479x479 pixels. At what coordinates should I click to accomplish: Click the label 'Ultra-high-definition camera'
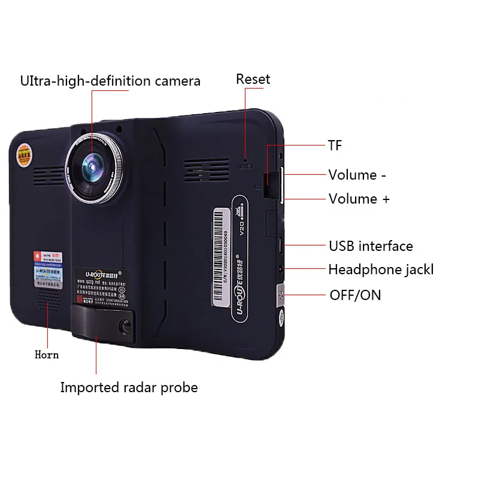(x=110, y=81)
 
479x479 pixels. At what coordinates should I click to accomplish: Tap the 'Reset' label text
(x=253, y=79)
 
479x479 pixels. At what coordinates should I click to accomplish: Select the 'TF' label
(x=335, y=145)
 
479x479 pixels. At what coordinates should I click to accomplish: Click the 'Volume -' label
(x=357, y=175)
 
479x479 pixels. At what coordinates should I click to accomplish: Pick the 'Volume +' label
(x=359, y=199)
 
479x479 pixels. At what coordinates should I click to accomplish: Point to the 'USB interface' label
(x=371, y=246)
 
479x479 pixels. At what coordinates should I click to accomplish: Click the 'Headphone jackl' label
(x=380, y=269)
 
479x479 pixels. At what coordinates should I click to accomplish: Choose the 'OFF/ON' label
(x=355, y=295)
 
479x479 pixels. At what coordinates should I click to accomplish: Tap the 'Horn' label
(x=47, y=354)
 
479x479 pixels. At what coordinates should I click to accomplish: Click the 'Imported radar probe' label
(x=129, y=387)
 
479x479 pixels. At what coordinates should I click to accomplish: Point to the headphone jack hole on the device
(x=279, y=269)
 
